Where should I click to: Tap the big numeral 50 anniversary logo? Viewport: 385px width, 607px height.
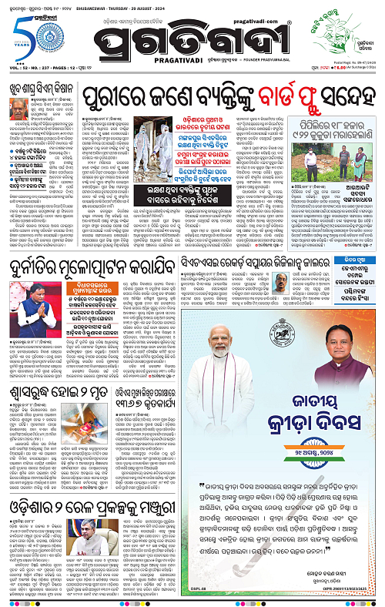coord(23,35)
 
